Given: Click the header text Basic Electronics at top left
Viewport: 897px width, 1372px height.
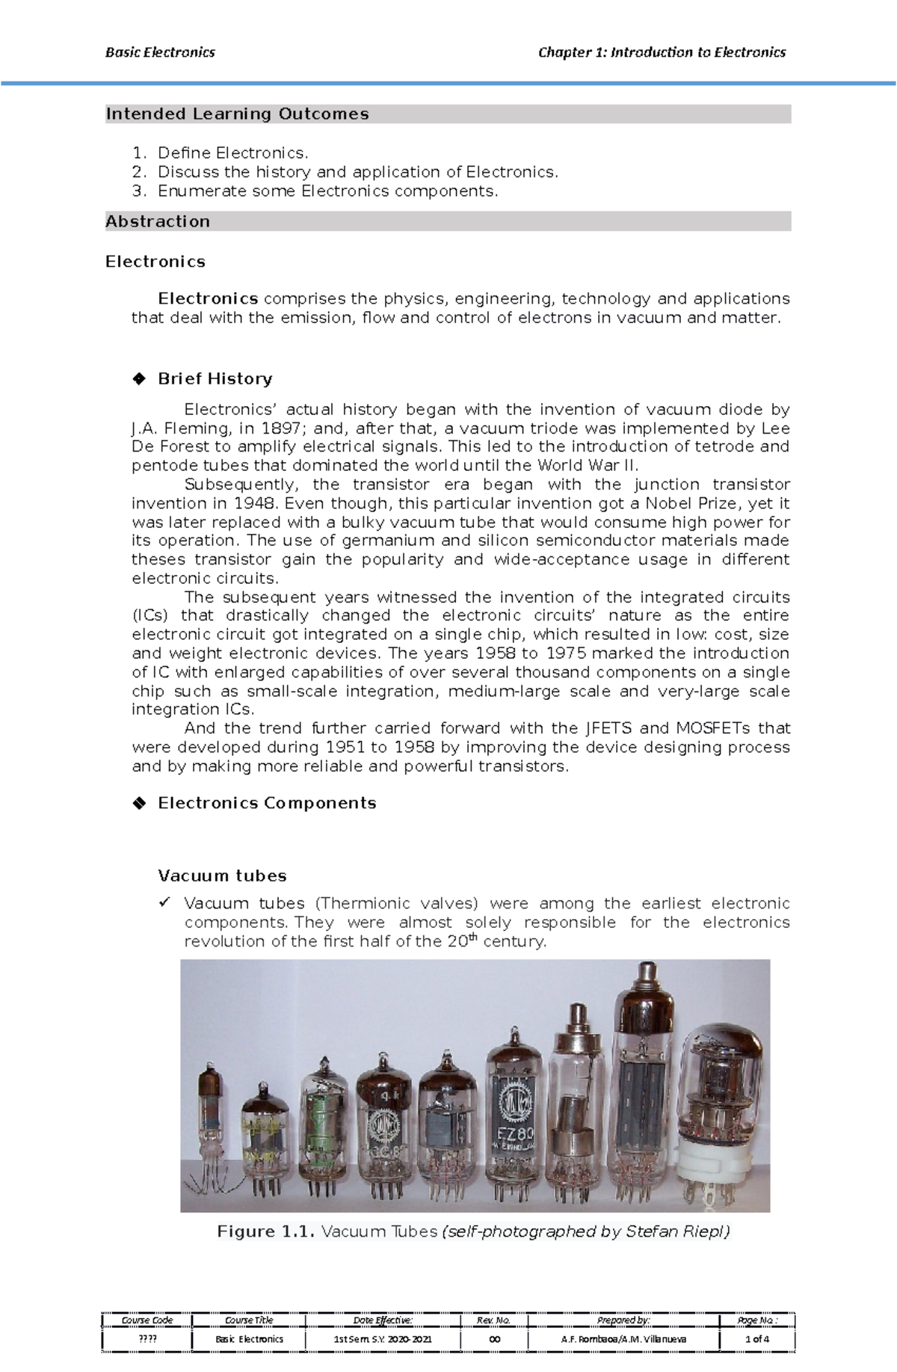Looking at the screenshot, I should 160,52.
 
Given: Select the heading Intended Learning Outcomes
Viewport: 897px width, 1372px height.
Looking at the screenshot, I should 237,114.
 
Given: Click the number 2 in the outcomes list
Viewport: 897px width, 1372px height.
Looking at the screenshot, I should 137,172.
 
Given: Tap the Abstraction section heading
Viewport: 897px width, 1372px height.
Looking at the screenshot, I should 158,222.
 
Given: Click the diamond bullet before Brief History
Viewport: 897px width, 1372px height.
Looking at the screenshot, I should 138,379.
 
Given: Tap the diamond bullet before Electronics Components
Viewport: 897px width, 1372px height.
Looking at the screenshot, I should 138,804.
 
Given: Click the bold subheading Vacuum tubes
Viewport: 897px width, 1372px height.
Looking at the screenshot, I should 222,876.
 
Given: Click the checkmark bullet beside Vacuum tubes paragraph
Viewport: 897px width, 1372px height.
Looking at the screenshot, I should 164,902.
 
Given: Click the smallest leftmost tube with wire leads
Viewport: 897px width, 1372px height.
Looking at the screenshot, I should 210,1122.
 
